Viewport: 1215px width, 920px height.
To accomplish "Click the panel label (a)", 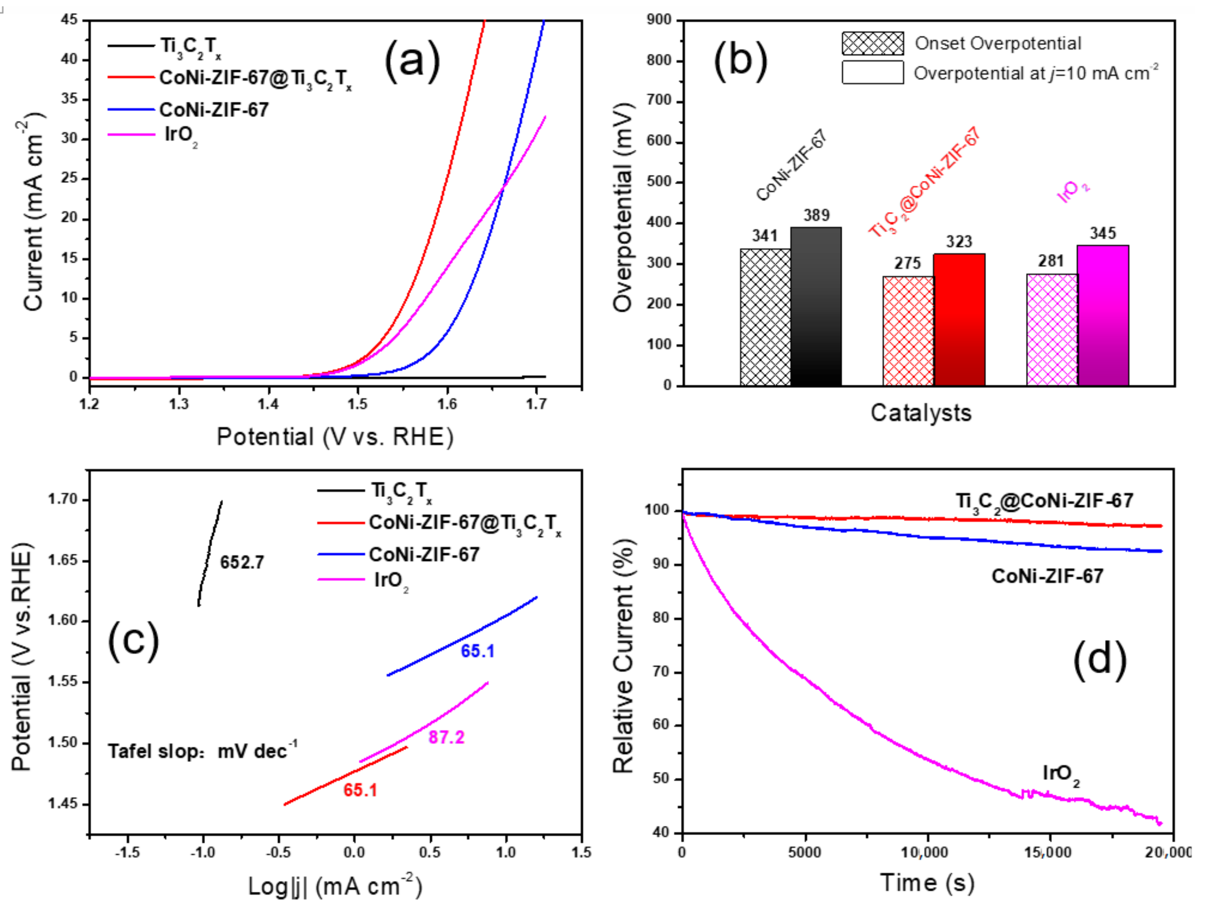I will coord(412,61).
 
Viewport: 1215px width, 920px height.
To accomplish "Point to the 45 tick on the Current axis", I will coord(69,20).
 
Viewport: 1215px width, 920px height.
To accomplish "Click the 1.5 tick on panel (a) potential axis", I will coord(358,404).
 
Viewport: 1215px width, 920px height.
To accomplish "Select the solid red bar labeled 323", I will coord(959,319).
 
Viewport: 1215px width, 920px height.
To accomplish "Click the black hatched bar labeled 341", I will coord(765,317).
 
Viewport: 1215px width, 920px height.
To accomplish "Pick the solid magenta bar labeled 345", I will coord(1102,315).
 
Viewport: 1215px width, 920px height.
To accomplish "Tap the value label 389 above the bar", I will coord(816,215).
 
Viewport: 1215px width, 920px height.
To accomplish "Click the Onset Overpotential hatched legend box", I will coord(872,43).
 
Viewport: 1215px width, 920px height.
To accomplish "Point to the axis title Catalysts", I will coord(920,413).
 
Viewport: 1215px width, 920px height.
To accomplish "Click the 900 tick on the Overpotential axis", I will coord(659,20).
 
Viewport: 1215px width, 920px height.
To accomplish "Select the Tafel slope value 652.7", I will coord(242,562).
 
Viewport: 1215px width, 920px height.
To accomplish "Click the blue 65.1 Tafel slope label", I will coord(477,651).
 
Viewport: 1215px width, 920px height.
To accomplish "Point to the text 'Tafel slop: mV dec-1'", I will coord(202,750).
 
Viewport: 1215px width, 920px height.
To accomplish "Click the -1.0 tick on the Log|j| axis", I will coord(202,852).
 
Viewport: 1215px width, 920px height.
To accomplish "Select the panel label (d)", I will coord(1099,659).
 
